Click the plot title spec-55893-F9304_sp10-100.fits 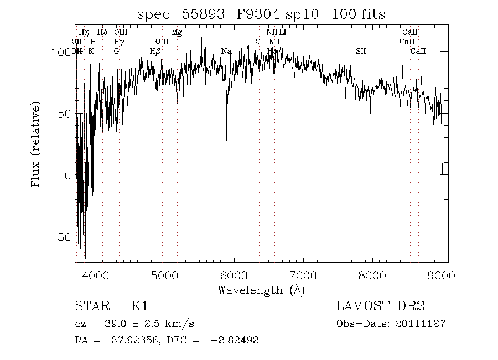click(x=261, y=13)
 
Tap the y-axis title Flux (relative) click(x=37, y=143)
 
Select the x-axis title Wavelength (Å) click(x=261, y=289)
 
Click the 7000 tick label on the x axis click(x=303, y=275)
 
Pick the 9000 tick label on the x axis click(x=441, y=275)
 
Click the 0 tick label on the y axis click(x=68, y=175)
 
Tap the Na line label click(x=226, y=52)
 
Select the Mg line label click(x=177, y=33)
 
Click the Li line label click(x=283, y=33)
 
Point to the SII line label click(x=361, y=52)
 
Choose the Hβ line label click(x=155, y=52)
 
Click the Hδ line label click(x=102, y=33)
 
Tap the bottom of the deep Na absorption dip click(x=226, y=140)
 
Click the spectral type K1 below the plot click(x=139, y=305)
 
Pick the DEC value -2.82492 click(x=234, y=340)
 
